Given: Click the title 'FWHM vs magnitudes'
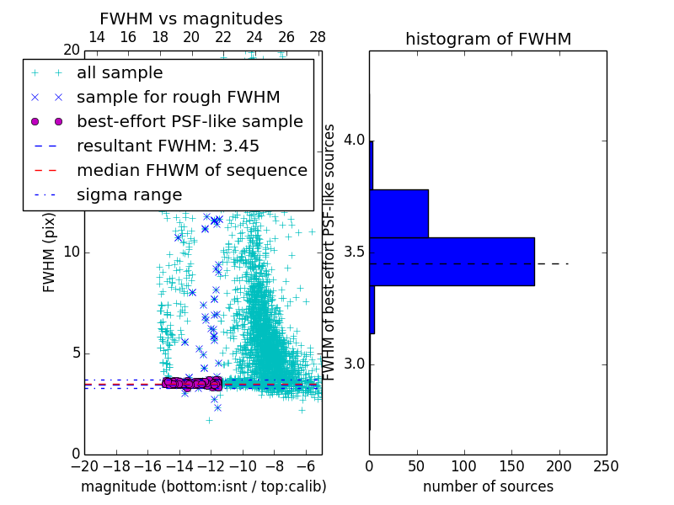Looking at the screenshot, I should [190, 19].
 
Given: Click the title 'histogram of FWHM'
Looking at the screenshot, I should [488, 39].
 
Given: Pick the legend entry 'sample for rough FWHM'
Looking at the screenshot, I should [178, 97].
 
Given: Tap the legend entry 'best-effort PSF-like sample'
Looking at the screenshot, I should [190, 121].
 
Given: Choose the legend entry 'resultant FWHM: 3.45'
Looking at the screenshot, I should [168, 146].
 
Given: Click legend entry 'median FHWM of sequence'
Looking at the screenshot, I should [191, 170].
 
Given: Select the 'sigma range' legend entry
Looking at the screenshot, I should [129, 194].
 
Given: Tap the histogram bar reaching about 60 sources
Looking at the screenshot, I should [399, 213].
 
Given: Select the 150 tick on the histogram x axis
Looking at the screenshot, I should [511, 465].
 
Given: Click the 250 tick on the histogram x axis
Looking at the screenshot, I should [606, 465].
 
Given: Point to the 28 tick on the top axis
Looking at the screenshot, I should [318, 37].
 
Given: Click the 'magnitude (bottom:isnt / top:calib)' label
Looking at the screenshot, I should [203, 486].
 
